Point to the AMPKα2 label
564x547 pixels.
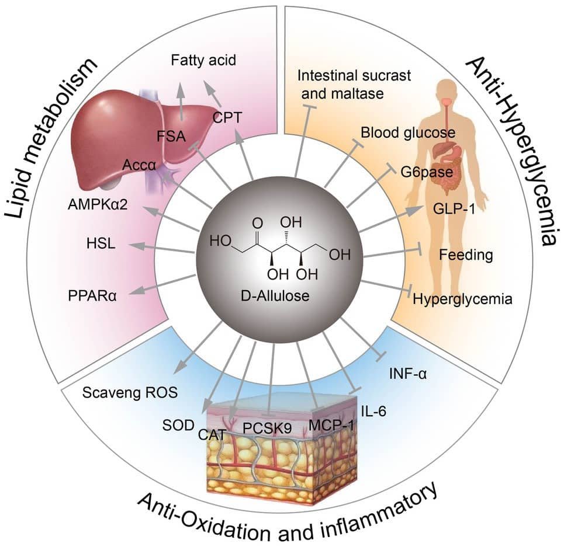click(x=98, y=204)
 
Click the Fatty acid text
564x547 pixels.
click(x=204, y=60)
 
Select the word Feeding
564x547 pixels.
click(x=466, y=255)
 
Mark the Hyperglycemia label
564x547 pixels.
click(x=462, y=299)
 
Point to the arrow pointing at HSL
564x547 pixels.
click(x=160, y=248)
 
